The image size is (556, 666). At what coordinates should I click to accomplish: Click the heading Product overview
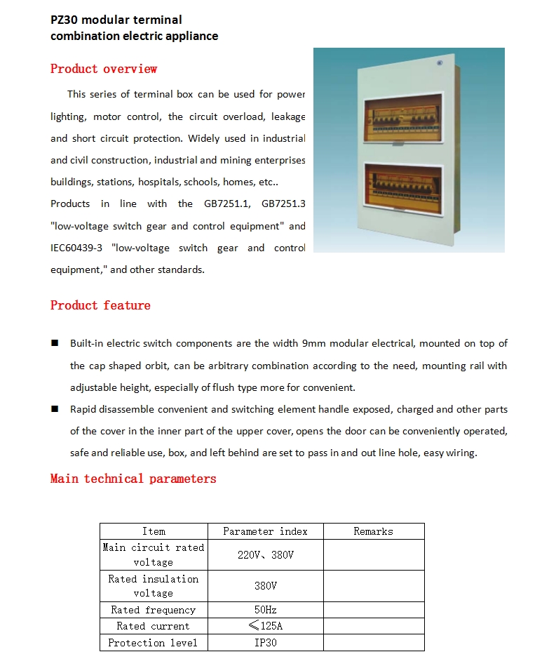[104, 69]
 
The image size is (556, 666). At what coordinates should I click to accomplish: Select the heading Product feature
[100, 305]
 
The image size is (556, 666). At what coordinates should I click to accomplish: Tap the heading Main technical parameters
[133, 479]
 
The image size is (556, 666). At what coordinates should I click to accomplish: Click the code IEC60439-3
[77, 248]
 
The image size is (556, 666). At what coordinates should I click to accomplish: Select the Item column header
[154, 531]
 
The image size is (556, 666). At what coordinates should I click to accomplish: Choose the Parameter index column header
[265, 531]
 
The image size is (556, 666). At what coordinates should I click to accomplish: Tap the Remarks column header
[373, 531]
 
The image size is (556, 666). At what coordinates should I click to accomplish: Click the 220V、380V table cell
[265, 554]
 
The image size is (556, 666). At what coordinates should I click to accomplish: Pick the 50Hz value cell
[265, 610]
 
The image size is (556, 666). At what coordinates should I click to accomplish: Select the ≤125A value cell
[265, 626]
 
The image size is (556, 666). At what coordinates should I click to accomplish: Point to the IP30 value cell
[265, 643]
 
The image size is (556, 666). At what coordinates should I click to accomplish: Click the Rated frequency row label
[154, 610]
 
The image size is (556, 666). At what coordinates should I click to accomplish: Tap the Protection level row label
[154, 643]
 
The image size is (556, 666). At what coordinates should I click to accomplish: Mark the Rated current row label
[154, 626]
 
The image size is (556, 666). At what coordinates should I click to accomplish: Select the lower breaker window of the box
[402, 189]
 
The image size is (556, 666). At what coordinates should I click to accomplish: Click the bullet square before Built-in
[55, 343]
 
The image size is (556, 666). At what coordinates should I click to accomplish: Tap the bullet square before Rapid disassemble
[55, 409]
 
